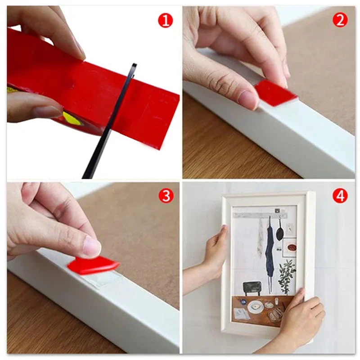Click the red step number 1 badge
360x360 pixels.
tap(165, 21)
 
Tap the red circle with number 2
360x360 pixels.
tap(340, 20)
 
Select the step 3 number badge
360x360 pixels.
tap(166, 196)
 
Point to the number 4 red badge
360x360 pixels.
tap(340, 196)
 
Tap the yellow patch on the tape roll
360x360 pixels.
tap(71, 117)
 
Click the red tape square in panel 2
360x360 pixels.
tap(275, 94)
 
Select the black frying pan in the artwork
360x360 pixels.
tap(279, 232)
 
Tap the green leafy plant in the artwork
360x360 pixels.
tap(286, 275)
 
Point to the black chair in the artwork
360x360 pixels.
tap(252, 288)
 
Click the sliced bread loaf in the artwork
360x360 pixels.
tap(276, 313)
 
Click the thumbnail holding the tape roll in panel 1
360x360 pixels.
tap(47, 112)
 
